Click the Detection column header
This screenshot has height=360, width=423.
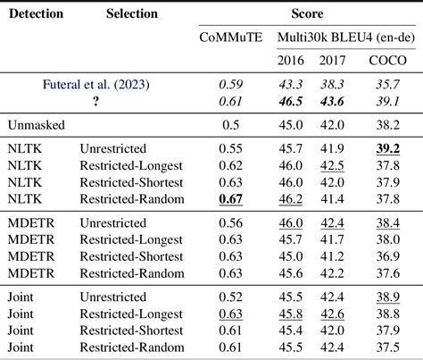[36, 13]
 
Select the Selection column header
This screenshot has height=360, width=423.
[131, 13]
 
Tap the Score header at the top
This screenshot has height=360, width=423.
[306, 13]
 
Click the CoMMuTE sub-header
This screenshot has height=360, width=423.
[230, 37]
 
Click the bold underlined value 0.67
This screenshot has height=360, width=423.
[230, 198]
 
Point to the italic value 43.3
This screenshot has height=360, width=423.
[292, 84]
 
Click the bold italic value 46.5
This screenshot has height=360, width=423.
[292, 101]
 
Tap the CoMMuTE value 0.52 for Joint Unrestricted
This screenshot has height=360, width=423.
[230, 296]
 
